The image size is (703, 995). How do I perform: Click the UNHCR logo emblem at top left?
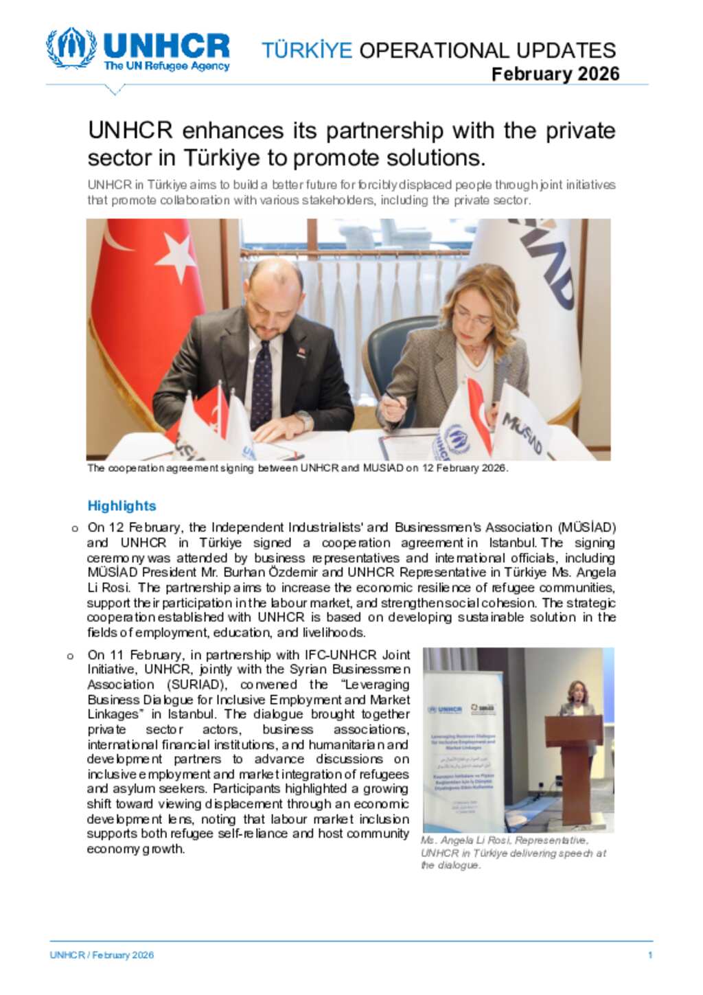(71, 48)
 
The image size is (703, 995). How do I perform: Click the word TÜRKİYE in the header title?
(306, 50)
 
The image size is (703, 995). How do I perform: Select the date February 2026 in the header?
(555, 74)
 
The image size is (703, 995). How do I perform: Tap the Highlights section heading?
(122, 506)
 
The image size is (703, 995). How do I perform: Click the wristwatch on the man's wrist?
(303, 419)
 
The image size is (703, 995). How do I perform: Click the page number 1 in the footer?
(649, 955)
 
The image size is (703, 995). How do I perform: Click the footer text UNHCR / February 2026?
(102, 955)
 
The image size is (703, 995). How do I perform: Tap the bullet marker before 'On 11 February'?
(71, 656)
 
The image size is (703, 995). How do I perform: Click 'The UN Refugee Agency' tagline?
(166, 67)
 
